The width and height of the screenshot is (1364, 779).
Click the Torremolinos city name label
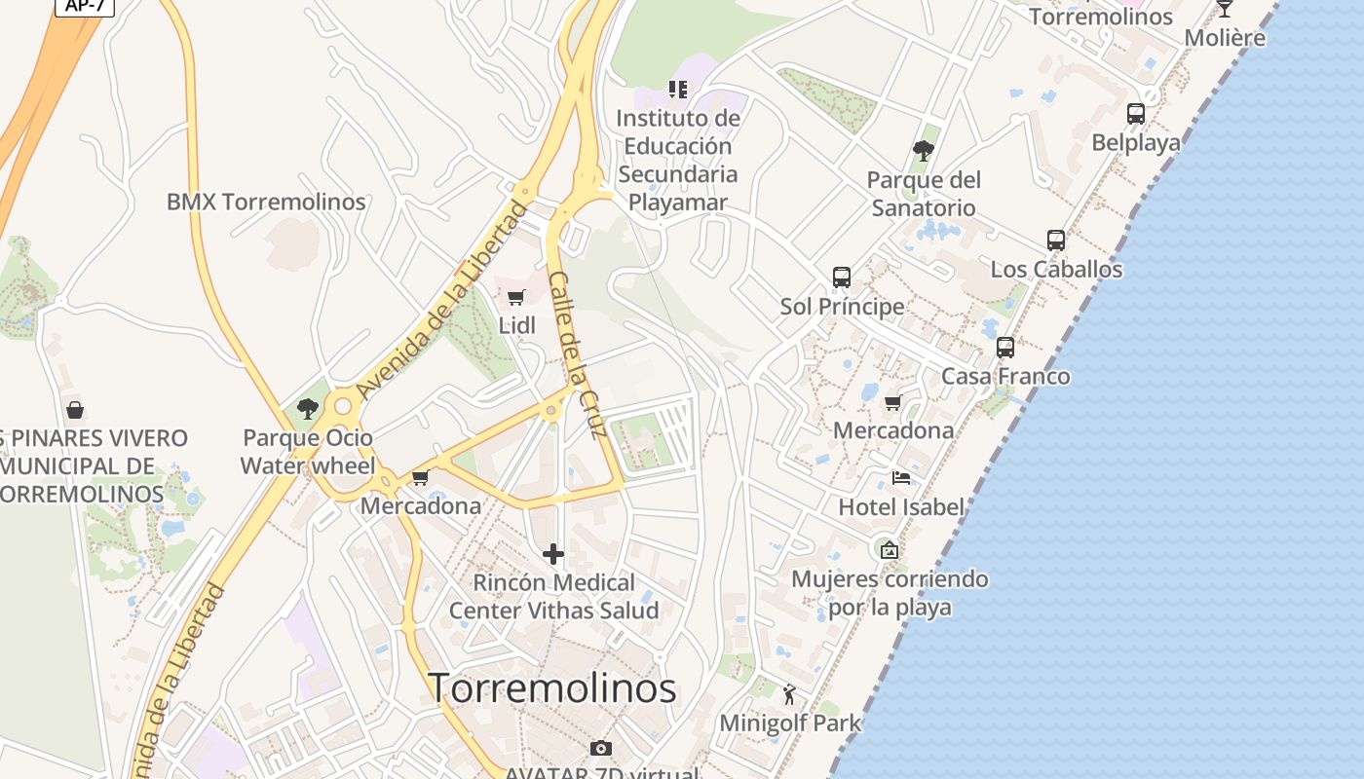pyautogui.click(x=552, y=687)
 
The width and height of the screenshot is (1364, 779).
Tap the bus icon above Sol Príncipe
pyautogui.click(x=842, y=278)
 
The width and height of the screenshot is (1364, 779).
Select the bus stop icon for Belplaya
pyautogui.click(x=1136, y=114)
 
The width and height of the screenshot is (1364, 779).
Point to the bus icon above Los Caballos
pyautogui.click(x=1056, y=241)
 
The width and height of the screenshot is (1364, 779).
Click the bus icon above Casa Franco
pyautogui.click(x=1005, y=348)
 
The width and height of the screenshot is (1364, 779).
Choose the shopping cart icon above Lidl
pyautogui.click(x=516, y=297)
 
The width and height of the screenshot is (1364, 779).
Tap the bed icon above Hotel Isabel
pyautogui.click(x=901, y=478)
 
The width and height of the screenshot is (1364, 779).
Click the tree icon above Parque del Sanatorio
pyautogui.click(x=923, y=151)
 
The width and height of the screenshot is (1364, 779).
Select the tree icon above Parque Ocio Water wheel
pyautogui.click(x=308, y=409)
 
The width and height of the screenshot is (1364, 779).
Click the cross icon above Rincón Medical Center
pyautogui.click(x=553, y=554)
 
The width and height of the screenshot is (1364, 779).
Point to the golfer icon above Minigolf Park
pyautogui.click(x=790, y=694)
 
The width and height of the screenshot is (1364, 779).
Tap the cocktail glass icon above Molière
pyautogui.click(x=1225, y=9)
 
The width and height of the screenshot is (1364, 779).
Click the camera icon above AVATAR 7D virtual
pyautogui.click(x=601, y=748)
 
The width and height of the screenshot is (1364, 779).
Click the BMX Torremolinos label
pyautogui.click(x=266, y=202)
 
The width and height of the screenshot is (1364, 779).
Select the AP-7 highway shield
pyautogui.click(x=85, y=6)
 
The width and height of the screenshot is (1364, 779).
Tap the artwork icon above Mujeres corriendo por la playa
pyautogui.click(x=889, y=550)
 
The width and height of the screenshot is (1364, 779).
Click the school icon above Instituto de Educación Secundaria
pyautogui.click(x=678, y=90)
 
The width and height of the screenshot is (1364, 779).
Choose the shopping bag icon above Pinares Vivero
pyautogui.click(x=75, y=410)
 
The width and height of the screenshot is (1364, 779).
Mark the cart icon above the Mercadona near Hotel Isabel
pyautogui.click(x=892, y=402)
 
